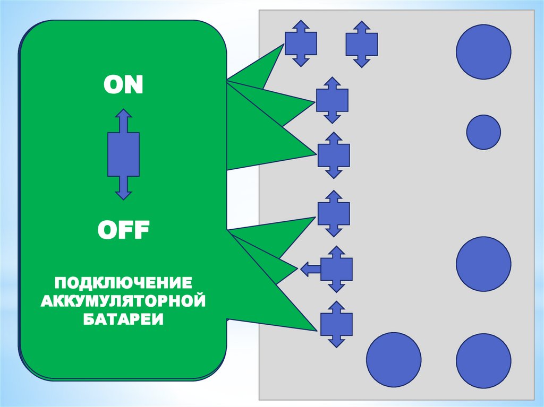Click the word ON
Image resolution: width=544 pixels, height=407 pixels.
(x=123, y=85)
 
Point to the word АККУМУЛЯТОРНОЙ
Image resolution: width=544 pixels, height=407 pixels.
(x=124, y=301)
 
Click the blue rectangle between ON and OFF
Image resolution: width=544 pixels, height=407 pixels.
(x=123, y=154)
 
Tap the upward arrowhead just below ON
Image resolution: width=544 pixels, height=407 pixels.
(x=123, y=114)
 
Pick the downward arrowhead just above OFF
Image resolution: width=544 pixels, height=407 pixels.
(x=123, y=195)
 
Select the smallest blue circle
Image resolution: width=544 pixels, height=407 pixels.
(x=483, y=132)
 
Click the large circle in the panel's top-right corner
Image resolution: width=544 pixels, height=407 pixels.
(x=483, y=52)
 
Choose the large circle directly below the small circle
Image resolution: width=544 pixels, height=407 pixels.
(x=483, y=264)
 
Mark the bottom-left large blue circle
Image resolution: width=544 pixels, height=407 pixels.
(x=394, y=359)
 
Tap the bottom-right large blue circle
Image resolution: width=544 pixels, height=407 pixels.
(x=483, y=359)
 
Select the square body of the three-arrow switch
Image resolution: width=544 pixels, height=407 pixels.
(x=336, y=270)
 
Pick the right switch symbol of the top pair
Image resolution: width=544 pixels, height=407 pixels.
(x=362, y=44)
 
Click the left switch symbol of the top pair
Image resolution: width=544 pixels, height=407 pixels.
(x=301, y=44)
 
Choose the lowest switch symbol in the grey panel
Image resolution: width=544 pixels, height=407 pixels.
(x=336, y=324)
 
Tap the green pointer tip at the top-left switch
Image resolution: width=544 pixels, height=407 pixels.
(x=282, y=46)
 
